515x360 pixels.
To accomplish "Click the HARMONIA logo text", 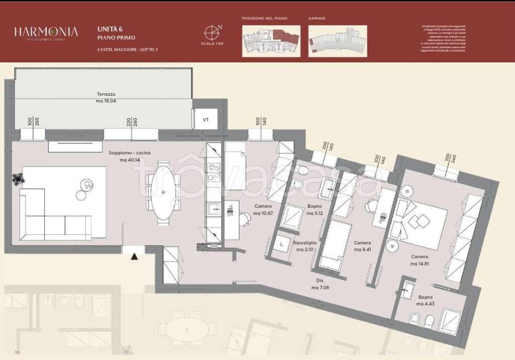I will (46, 32).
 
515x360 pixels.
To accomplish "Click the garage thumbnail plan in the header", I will (337, 40).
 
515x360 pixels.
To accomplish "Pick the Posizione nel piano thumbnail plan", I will (271, 40).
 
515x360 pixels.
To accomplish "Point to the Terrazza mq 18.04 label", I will (106, 98).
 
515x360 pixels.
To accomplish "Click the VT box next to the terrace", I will (205, 120).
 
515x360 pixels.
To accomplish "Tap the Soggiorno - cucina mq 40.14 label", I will (129, 156).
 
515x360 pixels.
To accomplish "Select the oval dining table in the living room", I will (164, 193).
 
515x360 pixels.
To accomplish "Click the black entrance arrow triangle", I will (134, 257).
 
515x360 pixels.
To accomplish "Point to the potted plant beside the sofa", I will (19, 178).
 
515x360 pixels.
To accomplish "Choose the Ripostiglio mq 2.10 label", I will (305, 246).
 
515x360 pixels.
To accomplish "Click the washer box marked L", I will (282, 245).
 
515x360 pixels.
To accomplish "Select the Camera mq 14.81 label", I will (419, 260).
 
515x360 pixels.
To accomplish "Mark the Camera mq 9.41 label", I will (363, 245).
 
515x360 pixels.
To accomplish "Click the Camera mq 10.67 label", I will (263, 209).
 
